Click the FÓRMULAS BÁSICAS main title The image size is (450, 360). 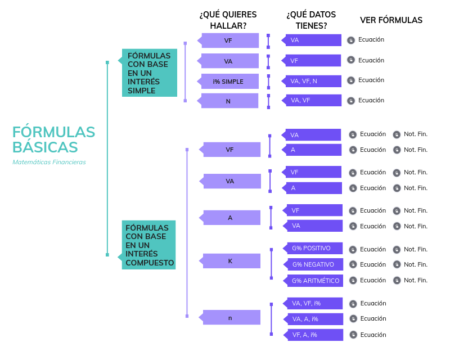(x=54, y=139)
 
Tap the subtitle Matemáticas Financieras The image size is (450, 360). (x=49, y=162)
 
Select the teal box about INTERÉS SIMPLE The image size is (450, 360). (x=150, y=73)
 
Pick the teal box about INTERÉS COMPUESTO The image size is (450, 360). (x=149, y=245)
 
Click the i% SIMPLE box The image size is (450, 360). (x=229, y=82)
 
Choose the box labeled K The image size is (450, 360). (x=231, y=261)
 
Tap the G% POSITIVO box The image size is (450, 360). (x=314, y=249)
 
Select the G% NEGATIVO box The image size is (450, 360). (x=314, y=264)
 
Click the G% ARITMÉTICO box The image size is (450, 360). (x=314, y=280)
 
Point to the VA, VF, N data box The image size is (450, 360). (x=313, y=81)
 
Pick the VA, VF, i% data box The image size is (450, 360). (x=314, y=303)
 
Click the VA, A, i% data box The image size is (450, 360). (x=314, y=319)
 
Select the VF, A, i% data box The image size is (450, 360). (x=314, y=335)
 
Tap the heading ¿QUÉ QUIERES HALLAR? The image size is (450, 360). (x=228, y=20)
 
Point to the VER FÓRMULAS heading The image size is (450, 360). (x=391, y=20)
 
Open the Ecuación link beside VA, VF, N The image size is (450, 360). (x=371, y=80)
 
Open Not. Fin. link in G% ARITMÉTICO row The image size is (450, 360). (x=415, y=280)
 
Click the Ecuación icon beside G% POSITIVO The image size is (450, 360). (x=353, y=249)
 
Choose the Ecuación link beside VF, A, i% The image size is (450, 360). (x=373, y=335)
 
